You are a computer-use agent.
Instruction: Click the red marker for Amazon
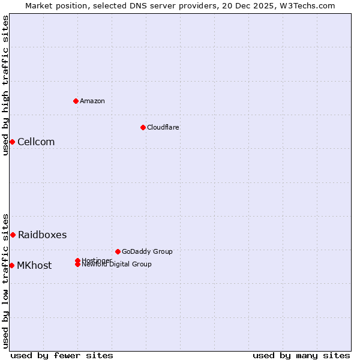coord(76,101)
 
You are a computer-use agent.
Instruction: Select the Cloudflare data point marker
coord(143,127)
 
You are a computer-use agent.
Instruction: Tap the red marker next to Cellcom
coord(12,142)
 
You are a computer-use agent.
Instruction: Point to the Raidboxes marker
coord(13,235)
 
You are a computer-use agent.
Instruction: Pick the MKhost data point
coord(11,265)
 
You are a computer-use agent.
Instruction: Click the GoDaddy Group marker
coord(118,251)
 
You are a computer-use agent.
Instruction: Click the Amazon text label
coord(92,101)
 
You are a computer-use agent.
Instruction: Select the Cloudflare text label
coord(163,127)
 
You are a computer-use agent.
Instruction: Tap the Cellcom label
coord(36,142)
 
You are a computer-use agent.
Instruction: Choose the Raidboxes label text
coord(42,235)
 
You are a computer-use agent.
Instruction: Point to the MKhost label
coord(34,265)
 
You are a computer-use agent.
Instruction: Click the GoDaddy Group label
coord(147,251)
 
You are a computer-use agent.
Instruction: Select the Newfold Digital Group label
coord(116,265)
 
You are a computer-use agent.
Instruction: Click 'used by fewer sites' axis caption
coord(62,355)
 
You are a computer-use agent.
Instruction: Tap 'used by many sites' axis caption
coord(301,355)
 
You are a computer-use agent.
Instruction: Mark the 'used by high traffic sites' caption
coord(5,85)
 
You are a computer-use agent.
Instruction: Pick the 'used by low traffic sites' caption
coord(5,280)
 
